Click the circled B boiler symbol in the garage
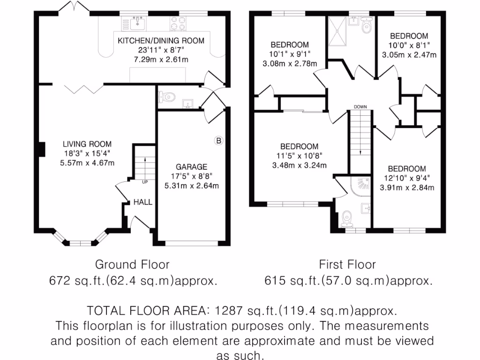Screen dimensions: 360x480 pos(218,140)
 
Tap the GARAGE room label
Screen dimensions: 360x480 pos(191,167)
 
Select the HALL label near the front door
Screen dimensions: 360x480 pos(143,202)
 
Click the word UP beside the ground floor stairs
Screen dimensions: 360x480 pos(145,182)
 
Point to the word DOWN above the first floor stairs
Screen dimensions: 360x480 pos(360,107)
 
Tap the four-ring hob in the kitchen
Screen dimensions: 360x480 pos(178,22)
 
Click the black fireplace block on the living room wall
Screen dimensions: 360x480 pos(41,149)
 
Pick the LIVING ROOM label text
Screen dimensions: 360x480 pos(88,144)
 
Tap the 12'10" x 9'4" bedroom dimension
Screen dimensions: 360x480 pos(406,178)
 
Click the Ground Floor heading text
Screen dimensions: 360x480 pos(132,264)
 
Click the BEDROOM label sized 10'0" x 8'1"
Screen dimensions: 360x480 pos(409,36)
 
